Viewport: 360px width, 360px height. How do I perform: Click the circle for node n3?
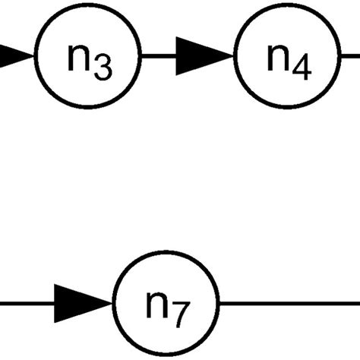coord(89,57)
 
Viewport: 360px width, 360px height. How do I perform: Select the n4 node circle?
coord(286,57)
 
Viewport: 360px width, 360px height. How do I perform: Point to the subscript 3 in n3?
coord(104,68)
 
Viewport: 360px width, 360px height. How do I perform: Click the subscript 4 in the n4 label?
coord(302,68)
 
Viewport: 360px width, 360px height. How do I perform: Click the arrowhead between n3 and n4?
coord(201,57)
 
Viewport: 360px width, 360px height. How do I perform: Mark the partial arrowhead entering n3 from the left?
coord(15,57)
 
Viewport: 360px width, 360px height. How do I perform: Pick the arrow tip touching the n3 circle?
coord(34,57)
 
